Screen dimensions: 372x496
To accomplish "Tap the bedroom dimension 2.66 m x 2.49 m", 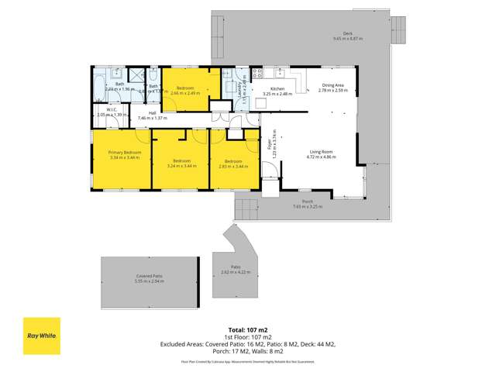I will coord(186,93).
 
